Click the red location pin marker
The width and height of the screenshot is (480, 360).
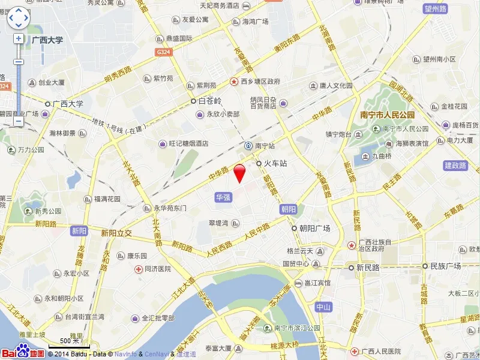point(239,172)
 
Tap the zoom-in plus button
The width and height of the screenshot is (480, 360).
point(19,38)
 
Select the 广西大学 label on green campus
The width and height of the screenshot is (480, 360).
point(47,40)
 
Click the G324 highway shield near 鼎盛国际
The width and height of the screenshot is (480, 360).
point(163,52)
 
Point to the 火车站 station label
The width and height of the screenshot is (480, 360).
point(276,163)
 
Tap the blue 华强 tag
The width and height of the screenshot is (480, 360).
point(223,196)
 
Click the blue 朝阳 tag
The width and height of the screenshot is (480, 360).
point(288,209)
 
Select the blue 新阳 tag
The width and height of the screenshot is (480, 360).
point(79,230)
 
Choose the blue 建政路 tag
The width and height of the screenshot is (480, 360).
point(455,165)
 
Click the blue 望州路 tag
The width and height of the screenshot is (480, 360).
point(436,8)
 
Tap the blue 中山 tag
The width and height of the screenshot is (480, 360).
point(323,307)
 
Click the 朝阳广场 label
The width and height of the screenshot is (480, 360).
point(315,229)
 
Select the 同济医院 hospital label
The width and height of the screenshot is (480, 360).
point(158,269)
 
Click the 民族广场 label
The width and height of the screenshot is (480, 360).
point(445,266)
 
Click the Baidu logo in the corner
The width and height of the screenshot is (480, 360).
point(22,353)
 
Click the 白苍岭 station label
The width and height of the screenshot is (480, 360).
point(209,101)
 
